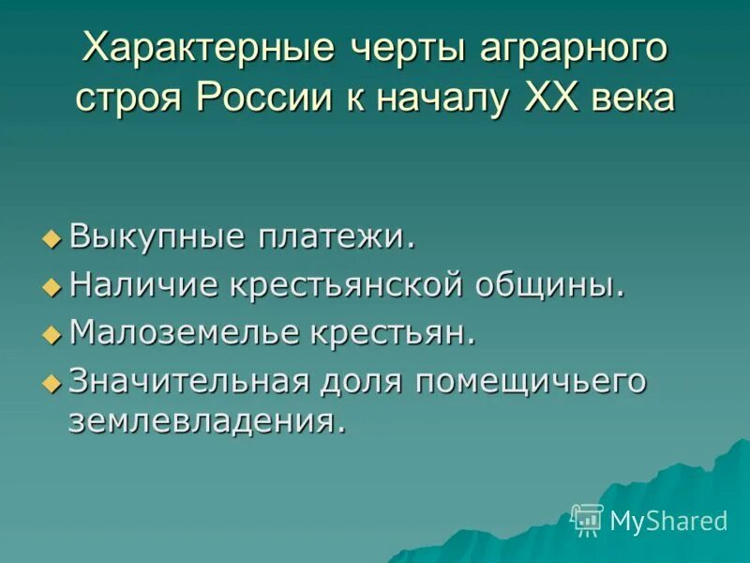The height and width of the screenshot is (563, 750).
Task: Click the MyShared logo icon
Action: click(x=587, y=519)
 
